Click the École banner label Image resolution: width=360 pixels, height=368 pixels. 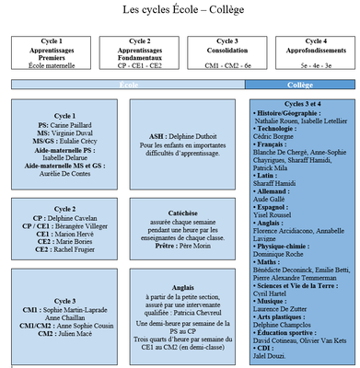point(127,85)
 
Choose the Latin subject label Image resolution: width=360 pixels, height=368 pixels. point(267,175)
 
